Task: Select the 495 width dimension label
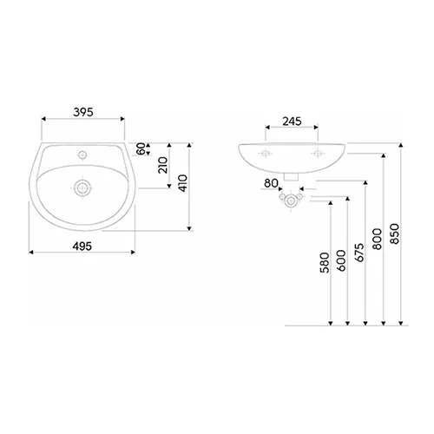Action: point(82,245)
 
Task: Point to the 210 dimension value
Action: point(162,165)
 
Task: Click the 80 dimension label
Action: point(270,183)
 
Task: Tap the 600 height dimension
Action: point(341,263)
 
